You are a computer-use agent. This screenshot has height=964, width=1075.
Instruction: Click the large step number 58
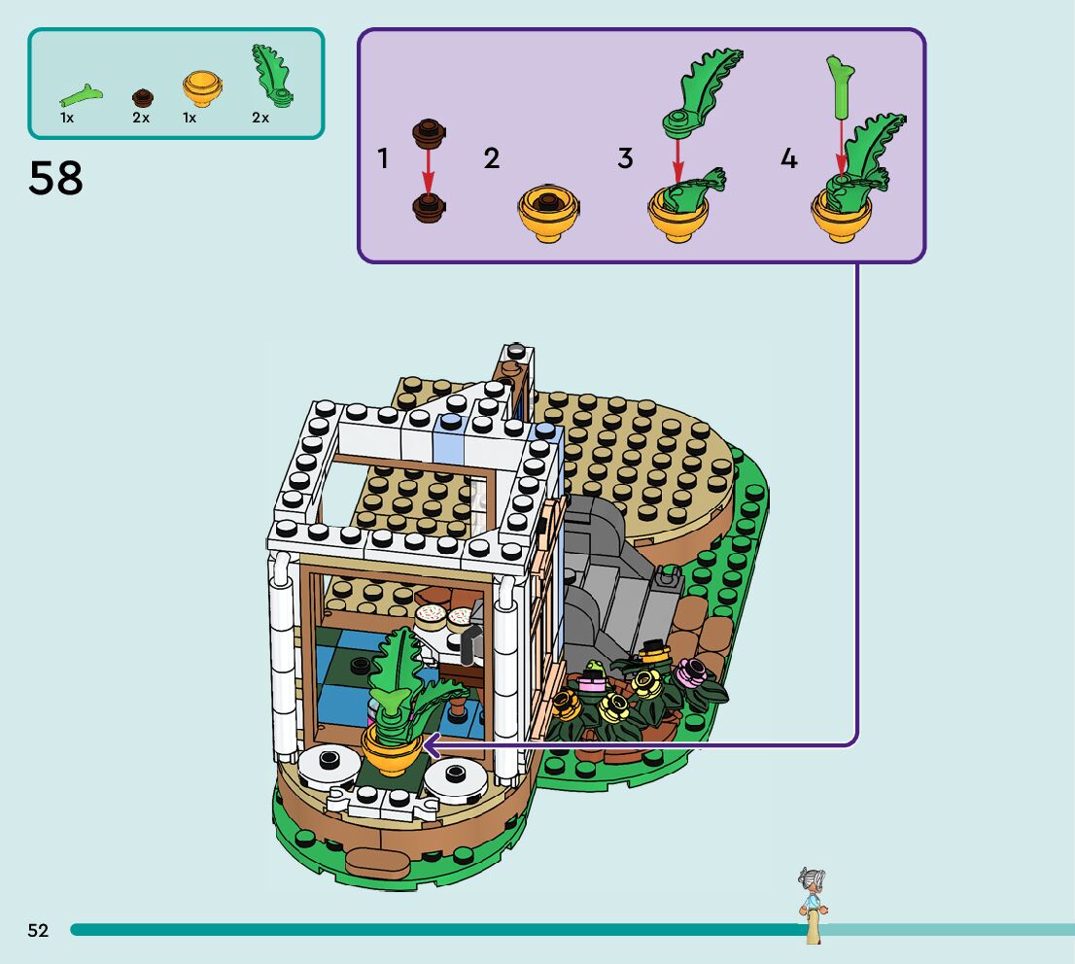pos(55,179)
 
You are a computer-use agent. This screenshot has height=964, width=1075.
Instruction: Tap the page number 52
pos(38,930)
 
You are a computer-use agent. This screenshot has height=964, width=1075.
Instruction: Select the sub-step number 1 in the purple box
pos(383,158)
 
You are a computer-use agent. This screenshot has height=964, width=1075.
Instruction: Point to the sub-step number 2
pos(492,158)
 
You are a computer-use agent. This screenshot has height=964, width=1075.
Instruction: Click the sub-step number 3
pos(625,158)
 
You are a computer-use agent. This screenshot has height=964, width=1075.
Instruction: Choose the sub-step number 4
pos(788,158)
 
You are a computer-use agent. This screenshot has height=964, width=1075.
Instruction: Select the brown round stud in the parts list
pos(143,96)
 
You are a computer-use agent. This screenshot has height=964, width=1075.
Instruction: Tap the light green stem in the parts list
pos(81,95)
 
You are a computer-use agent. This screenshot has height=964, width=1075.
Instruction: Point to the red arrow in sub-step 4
pos(841,146)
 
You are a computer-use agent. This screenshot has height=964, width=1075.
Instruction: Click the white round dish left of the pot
pos(326,766)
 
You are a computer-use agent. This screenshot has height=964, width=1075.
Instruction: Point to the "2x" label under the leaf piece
pos(260,118)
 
